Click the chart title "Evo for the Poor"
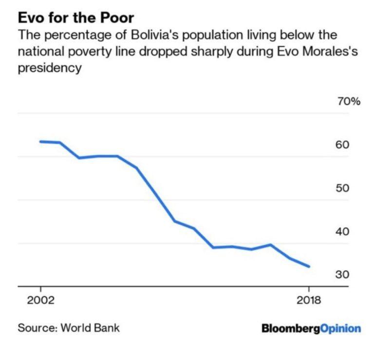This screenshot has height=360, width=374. tap(75, 18)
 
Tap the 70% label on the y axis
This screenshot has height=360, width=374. tap(348, 102)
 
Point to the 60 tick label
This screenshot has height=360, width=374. tap(342, 145)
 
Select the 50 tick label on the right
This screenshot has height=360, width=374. tap(342, 188)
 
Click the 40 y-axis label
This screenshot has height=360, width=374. tap(342, 231)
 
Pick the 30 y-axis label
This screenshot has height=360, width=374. tap(342, 275)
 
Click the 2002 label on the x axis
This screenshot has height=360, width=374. tap(41, 300)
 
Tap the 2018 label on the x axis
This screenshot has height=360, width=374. tap(309, 300)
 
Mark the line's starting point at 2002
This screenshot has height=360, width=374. tap(41, 142)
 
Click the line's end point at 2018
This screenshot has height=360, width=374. tap(309, 266)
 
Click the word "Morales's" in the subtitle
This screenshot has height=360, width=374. tap(333, 52)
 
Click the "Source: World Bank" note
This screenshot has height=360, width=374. tap(69, 327)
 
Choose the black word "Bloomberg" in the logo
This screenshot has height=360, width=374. tap(291, 328)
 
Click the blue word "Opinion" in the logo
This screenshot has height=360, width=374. tap(341, 328)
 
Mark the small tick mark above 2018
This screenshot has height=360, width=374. tap(309, 290)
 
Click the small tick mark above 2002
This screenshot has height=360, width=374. tap(41, 290)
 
